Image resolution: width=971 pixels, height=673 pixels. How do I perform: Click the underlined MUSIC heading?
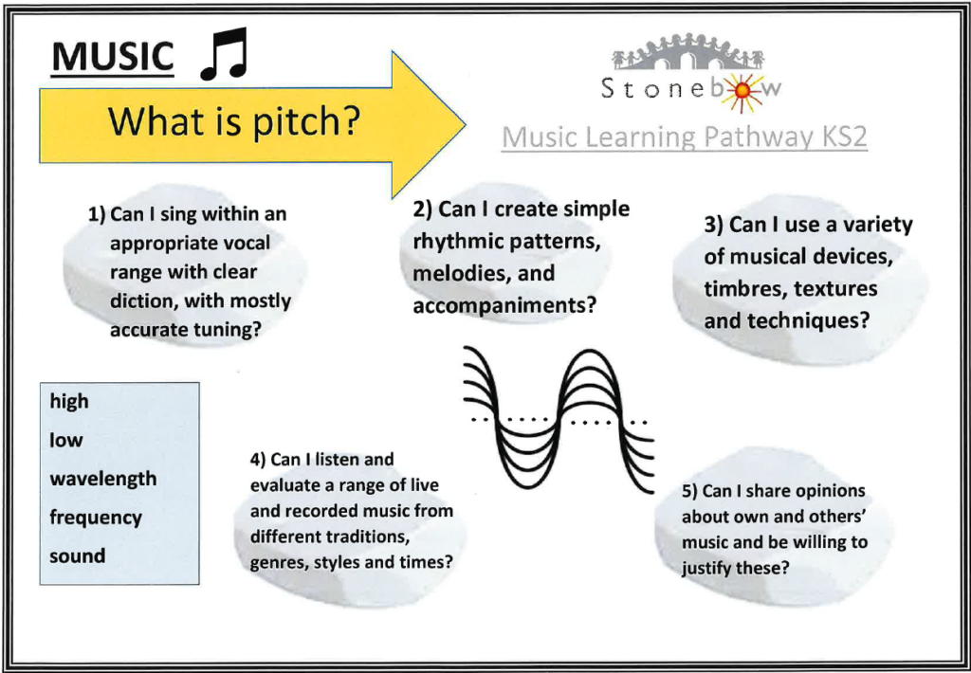pyautogui.click(x=112, y=58)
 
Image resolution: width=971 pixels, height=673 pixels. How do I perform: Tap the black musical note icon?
pyautogui.click(x=224, y=54)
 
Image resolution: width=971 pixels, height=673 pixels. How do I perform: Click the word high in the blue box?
pyautogui.click(x=69, y=402)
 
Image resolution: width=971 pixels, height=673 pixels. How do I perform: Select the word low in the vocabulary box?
pyautogui.click(x=65, y=440)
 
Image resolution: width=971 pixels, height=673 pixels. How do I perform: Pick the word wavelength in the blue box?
pyautogui.click(x=102, y=480)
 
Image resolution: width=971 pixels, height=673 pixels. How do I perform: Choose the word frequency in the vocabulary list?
pyautogui.click(x=96, y=518)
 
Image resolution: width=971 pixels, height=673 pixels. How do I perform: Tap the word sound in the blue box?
pyautogui.click(x=78, y=555)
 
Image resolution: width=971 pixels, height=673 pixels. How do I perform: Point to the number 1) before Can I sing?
pyautogui.click(x=97, y=215)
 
